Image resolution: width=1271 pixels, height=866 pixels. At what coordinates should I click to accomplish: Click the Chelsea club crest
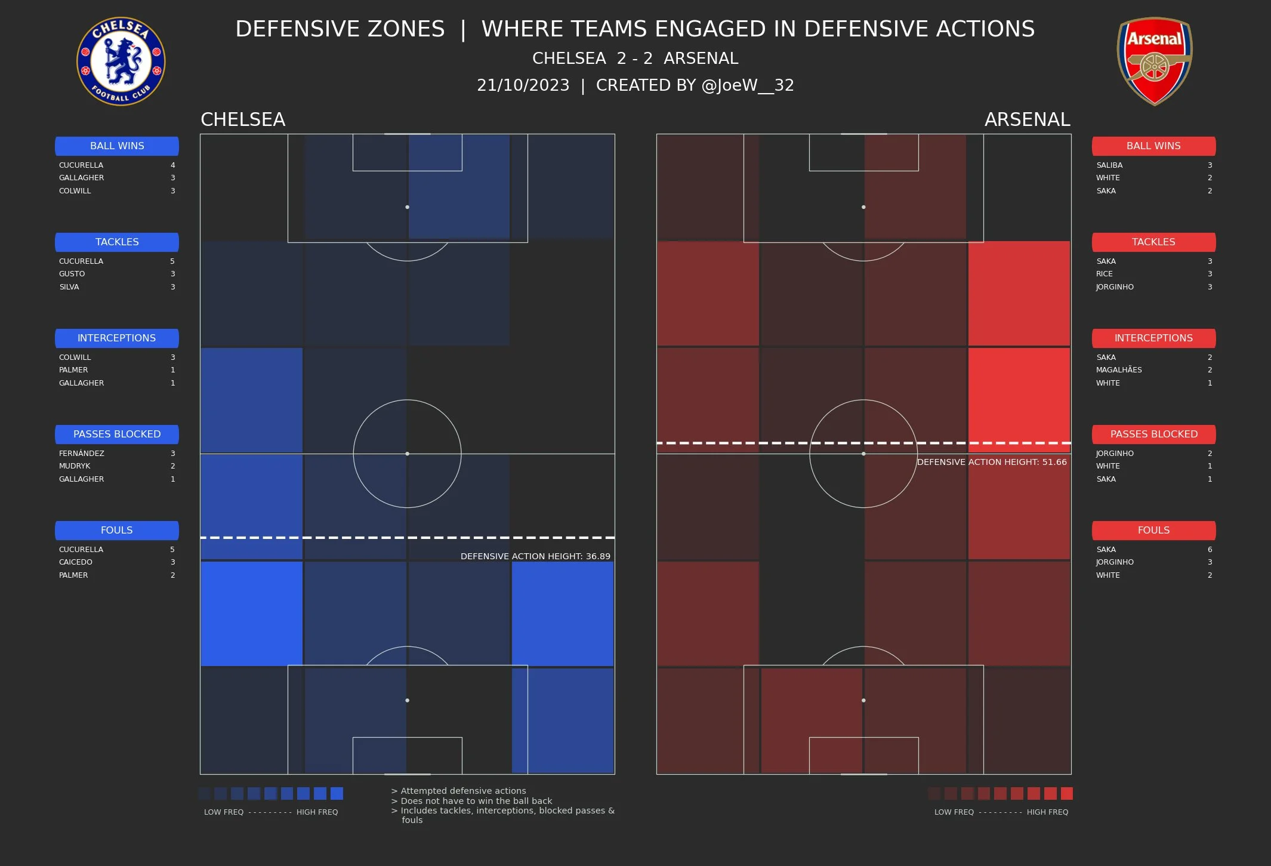tap(121, 61)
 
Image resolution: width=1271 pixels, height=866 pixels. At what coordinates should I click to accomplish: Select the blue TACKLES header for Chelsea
tap(117, 242)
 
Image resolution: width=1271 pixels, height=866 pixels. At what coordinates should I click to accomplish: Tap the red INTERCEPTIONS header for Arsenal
tap(1153, 338)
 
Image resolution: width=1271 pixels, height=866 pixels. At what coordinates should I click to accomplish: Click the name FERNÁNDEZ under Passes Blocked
tap(82, 453)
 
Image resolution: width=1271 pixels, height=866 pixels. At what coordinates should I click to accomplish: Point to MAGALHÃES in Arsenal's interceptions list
tap(1119, 370)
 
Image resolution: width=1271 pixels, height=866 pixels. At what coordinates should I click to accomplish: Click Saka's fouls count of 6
tap(1210, 549)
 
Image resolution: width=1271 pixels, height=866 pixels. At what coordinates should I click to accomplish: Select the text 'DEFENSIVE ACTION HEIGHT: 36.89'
tap(535, 556)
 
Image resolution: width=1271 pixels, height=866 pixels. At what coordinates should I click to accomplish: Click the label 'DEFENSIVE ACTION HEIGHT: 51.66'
tap(991, 462)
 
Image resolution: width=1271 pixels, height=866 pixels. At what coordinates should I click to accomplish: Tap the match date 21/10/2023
tap(523, 85)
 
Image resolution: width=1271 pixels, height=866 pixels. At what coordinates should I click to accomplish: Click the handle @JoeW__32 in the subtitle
tap(748, 85)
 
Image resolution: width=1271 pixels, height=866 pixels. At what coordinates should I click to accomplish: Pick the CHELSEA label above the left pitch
tap(243, 119)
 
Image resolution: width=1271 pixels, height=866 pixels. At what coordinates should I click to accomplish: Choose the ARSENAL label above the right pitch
tap(1027, 119)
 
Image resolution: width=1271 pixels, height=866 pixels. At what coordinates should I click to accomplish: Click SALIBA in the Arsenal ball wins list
tap(1109, 165)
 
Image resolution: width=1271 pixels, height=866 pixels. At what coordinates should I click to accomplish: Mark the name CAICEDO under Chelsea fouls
tap(76, 562)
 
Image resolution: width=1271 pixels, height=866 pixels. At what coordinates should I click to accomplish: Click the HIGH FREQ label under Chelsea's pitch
tap(317, 812)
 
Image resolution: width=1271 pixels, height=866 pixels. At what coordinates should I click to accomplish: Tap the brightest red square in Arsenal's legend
tap(1066, 793)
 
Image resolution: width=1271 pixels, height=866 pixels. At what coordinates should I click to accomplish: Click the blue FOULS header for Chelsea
tap(117, 530)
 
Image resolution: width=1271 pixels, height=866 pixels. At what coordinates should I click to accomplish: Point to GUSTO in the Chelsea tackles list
tap(72, 274)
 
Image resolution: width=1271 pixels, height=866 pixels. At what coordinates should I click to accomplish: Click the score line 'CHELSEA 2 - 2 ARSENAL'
tap(635, 58)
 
